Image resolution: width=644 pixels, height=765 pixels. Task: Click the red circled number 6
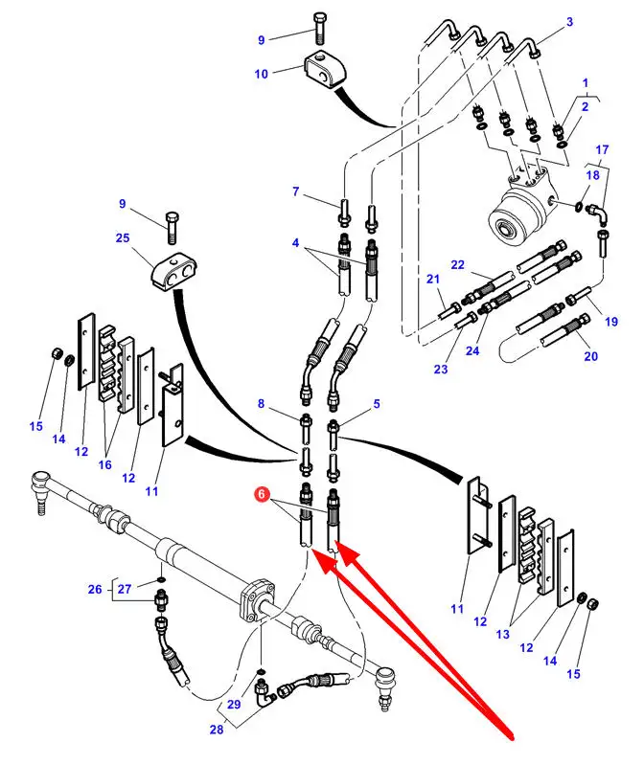[x=260, y=495]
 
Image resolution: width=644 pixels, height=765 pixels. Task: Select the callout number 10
[x=262, y=73]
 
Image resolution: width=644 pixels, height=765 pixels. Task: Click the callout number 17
[x=601, y=149]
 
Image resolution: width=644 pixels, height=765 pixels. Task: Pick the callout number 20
[x=590, y=356]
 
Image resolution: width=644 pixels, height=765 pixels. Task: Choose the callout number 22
[x=457, y=264]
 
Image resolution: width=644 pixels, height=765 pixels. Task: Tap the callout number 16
[x=104, y=464]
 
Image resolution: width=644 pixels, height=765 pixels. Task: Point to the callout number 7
[x=296, y=191]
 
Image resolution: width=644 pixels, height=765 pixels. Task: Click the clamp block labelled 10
[x=323, y=68]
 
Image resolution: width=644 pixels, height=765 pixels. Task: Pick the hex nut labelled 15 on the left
[x=57, y=357]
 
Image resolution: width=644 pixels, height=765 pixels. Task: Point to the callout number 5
[x=377, y=404]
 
